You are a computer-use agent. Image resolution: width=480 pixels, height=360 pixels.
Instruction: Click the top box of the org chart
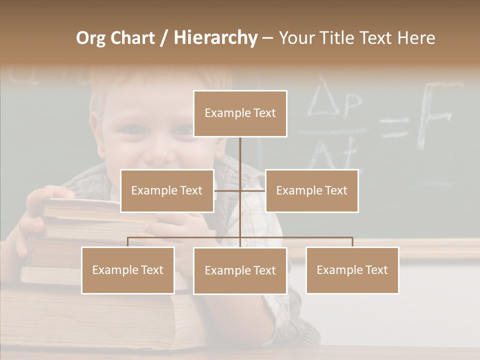(240, 113)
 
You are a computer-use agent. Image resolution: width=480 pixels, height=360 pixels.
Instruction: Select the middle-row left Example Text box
(167, 190)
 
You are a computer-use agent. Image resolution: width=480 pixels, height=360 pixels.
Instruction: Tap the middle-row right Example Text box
(311, 190)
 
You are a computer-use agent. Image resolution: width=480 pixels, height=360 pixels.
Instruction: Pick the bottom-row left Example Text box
(128, 270)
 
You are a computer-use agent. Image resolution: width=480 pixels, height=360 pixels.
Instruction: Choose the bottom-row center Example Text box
(240, 270)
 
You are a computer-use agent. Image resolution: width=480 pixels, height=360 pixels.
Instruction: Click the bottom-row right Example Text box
(352, 270)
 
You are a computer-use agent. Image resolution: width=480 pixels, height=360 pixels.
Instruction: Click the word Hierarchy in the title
(215, 38)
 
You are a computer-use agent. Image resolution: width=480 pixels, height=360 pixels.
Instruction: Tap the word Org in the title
(90, 38)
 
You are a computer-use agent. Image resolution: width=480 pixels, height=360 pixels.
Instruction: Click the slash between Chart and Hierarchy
(164, 38)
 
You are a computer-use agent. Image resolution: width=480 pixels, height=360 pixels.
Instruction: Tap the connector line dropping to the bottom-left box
(128, 242)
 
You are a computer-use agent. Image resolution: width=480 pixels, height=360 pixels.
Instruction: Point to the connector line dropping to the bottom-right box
(352, 242)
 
